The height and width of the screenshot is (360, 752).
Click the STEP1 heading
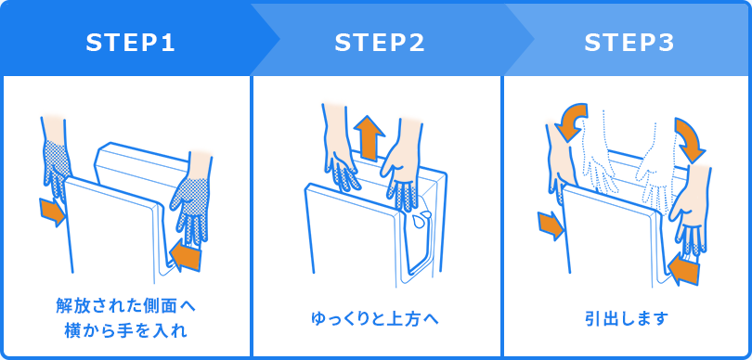pos(130,43)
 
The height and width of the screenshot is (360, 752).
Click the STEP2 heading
pos(379,43)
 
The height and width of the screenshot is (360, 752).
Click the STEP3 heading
pos(629,43)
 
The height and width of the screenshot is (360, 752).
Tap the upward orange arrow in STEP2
pos(370,137)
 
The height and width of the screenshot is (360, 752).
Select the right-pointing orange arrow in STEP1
pos(52,212)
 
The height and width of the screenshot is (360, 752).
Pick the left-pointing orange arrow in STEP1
pos(186,255)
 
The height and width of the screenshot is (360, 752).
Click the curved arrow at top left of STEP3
pos(568,122)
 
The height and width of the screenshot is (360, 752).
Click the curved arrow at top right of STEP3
pos(690,137)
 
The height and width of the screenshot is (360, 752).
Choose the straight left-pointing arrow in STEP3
pos(682,270)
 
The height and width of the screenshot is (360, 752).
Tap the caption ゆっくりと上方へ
pos(375,319)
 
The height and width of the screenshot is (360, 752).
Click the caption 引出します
pos(627,319)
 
